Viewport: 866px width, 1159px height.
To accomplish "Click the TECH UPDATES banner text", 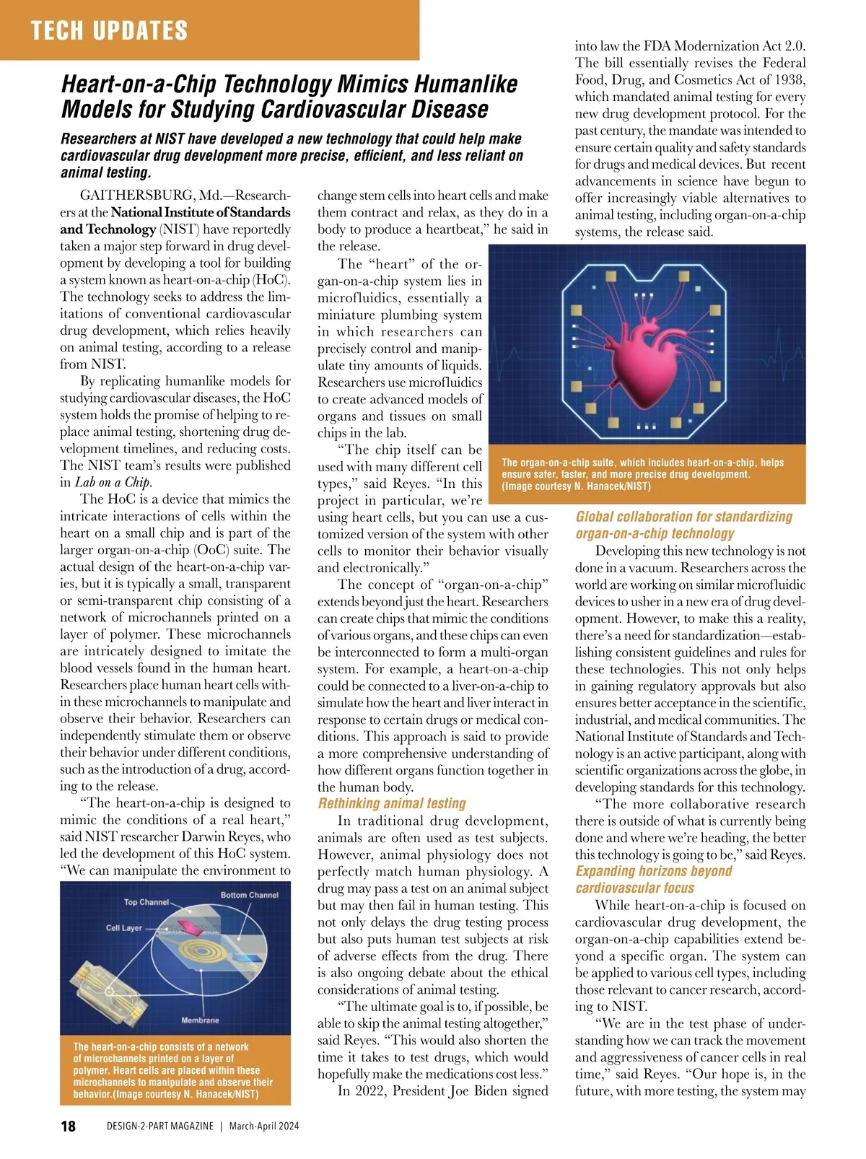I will pyautogui.click(x=109, y=30).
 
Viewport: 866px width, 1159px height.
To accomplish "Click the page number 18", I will pyautogui.click(x=68, y=1126).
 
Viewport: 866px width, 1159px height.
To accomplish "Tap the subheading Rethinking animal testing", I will pyautogui.click(x=392, y=803).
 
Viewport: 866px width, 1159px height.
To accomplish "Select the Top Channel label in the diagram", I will pyautogui.click(x=146, y=901).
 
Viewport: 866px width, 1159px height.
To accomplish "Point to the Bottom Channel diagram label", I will pyautogui.click(x=249, y=895).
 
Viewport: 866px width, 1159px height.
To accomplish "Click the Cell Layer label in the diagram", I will pyautogui.click(x=123, y=927).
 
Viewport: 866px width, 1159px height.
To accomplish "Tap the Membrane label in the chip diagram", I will pyautogui.click(x=200, y=1020).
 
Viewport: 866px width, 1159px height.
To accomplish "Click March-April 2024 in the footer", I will pyautogui.click(x=264, y=1126).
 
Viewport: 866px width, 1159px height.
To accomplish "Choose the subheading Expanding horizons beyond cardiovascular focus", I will pyautogui.click(x=653, y=879).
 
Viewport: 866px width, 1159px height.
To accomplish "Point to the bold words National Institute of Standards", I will pyautogui.click(x=201, y=212).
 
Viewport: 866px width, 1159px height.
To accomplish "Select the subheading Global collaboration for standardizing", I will pyautogui.click(x=683, y=517).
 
